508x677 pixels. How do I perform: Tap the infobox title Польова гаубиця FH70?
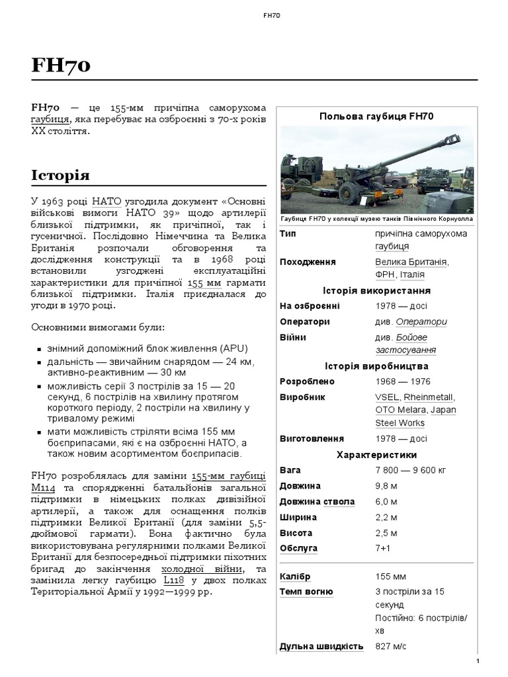click(376, 116)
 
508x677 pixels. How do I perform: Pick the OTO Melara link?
click(399, 410)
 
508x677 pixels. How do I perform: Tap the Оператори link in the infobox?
click(421, 322)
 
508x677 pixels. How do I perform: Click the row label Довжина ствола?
click(317, 502)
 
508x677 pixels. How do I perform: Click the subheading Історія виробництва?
click(376, 366)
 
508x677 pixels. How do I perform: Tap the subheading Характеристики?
click(376, 455)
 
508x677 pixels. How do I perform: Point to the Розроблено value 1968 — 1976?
click(402, 381)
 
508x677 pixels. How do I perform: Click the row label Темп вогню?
click(306, 591)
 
